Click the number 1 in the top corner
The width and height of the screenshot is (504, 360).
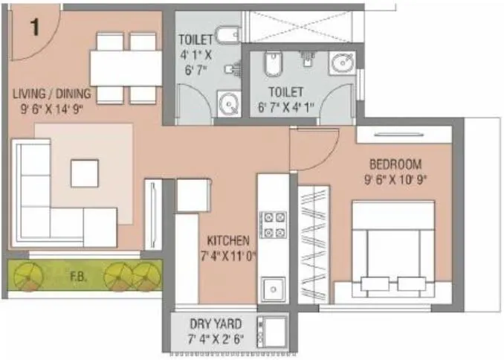click(x=34, y=28)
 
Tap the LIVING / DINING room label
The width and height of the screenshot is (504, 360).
click(x=51, y=94)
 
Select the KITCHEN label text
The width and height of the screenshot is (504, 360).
click(x=228, y=241)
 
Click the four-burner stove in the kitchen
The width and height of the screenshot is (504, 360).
click(x=273, y=225)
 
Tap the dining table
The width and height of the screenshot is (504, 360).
click(x=126, y=68)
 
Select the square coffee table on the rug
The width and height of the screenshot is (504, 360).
click(x=84, y=173)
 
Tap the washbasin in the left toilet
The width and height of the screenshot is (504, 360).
click(x=227, y=103)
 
